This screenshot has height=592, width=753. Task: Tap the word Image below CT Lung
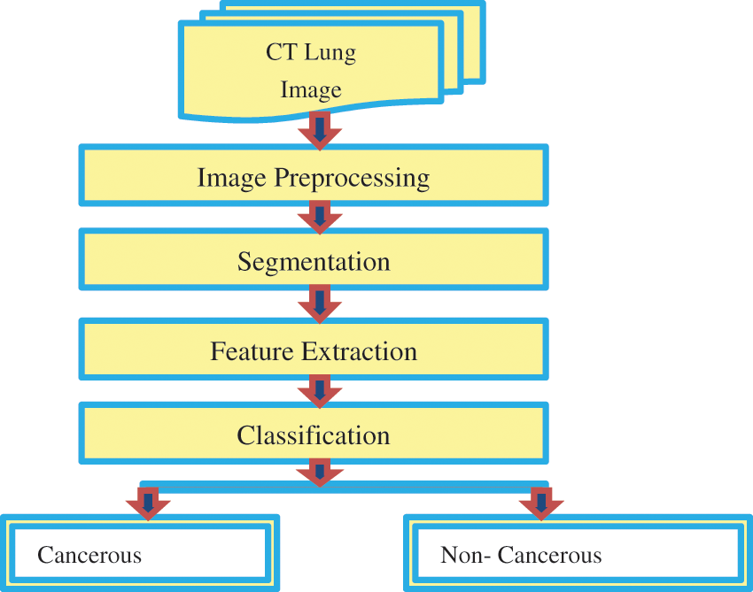pos(311,90)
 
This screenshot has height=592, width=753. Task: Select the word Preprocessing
pos(352,178)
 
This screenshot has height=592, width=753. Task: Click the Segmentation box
pos(314,262)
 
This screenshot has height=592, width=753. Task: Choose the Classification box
pos(314,435)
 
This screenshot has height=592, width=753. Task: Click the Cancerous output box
pos(139,554)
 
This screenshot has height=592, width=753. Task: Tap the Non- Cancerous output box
pos(573,554)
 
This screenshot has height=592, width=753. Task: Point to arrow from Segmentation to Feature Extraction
pos(317,303)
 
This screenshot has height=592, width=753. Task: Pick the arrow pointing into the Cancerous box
pos(148,504)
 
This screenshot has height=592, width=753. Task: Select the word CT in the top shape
pos(283,53)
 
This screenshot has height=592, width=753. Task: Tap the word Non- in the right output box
pos(463,556)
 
